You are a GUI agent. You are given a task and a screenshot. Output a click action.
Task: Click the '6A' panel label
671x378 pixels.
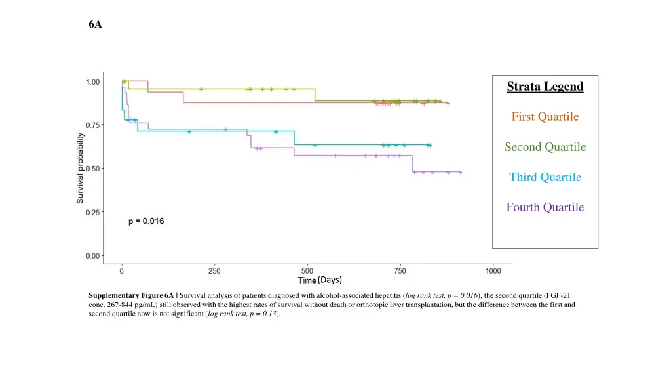point(95,25)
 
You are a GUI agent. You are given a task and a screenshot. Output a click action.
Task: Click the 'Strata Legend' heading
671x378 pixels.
point(545,87)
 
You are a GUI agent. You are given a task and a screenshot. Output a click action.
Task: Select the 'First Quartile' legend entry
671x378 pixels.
point(545,117)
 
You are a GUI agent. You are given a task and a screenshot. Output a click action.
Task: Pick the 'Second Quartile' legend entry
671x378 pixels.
point(545,147)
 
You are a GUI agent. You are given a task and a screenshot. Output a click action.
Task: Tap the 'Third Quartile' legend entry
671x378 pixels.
point(545,177)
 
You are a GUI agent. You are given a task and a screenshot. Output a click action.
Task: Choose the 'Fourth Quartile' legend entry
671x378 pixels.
point(545,207)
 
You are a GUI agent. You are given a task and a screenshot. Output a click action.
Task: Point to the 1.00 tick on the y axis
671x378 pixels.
point(94,81)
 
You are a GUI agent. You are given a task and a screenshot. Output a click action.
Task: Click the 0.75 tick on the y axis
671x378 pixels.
point(94,125)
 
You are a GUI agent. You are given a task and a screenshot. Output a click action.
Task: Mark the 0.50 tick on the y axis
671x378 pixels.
point(94,169)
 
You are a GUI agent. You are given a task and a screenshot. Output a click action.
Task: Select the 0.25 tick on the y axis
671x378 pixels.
point(94,212)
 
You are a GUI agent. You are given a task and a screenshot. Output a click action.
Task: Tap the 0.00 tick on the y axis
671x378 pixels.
point(94,256)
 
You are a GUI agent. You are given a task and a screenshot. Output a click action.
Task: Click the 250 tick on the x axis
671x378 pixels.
point(214,270)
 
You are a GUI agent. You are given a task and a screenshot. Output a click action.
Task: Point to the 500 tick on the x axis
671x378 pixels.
point(307,270)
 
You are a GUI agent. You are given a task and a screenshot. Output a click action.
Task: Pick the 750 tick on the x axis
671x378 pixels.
point(400,270)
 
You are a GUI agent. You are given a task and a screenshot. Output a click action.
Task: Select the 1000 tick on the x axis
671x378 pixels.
point(493,270)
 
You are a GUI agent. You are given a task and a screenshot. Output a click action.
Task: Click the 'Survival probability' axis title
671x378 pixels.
point(80,168)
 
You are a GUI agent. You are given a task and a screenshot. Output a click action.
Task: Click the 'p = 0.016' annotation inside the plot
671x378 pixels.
point(145,221)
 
